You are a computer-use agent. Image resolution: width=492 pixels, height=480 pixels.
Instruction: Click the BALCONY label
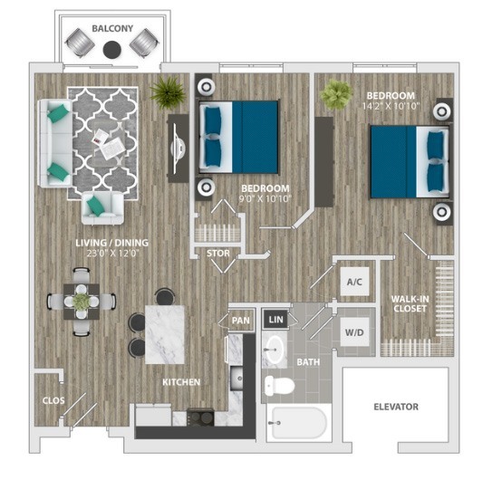pyautogui.click(x=112, y=29)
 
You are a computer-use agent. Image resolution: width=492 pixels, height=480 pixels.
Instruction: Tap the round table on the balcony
pyautogui.click(x=111, y=50)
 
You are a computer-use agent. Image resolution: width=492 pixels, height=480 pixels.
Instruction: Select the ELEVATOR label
pyautogui.click(x=396, y=407)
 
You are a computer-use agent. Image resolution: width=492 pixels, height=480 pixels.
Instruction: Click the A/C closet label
pyautogui.click(x=354, y=282)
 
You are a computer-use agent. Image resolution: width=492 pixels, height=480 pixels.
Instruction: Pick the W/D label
pyautogui.click(x=354, y=331)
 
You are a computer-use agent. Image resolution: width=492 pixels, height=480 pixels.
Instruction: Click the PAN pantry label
pyautogui.click(x=240, y=320)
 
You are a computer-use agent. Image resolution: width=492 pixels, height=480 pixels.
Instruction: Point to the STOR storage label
pyautogui.click(x=217, y=254)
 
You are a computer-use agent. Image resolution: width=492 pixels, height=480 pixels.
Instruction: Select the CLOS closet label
pyautogui.click(x=53, y=398)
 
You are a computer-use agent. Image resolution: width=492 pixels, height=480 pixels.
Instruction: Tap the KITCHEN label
pyautogui.click(x=181, y=382)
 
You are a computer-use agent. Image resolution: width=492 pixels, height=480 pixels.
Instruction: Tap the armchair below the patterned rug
pyautogui.click(x=101, y=206)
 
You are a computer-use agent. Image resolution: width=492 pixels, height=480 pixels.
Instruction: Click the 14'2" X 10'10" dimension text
pyautogui.click(x=390, y=106)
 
